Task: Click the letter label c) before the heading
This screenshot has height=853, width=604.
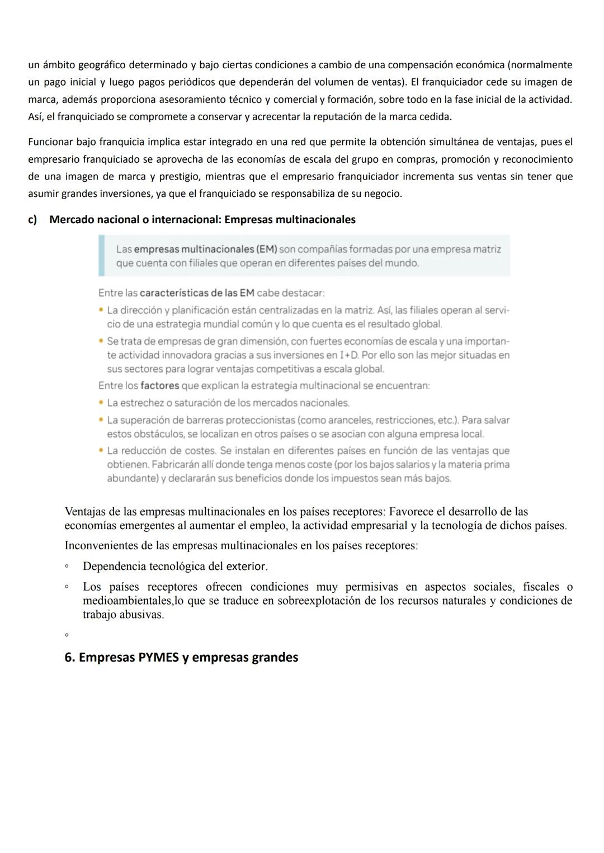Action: coord(32,220)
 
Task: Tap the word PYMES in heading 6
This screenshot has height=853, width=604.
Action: coord(155,657)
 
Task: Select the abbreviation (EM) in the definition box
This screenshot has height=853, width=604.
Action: coord(259,249)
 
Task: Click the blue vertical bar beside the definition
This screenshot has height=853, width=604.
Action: coord(101,256)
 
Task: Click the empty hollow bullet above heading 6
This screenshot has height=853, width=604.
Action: coord(67,635)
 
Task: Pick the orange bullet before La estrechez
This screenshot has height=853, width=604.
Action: coord(101,403)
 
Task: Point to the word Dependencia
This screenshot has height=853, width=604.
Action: coord(114,566)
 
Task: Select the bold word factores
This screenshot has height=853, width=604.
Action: coord(159,385)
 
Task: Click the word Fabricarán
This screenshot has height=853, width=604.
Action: coord(182,464)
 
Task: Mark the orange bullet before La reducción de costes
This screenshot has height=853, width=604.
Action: coord(101,450)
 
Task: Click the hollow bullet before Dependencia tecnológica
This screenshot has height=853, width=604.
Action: coord(67,567)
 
